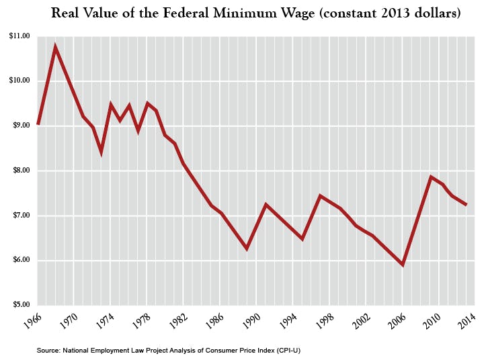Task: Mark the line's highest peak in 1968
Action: click(56, 47)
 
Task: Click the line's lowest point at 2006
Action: click(403, 265)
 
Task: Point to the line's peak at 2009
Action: click(430, 177)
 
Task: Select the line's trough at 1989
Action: click(247, 249)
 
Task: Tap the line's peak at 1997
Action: click(321, 195)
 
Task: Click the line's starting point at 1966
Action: click(38, 124)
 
